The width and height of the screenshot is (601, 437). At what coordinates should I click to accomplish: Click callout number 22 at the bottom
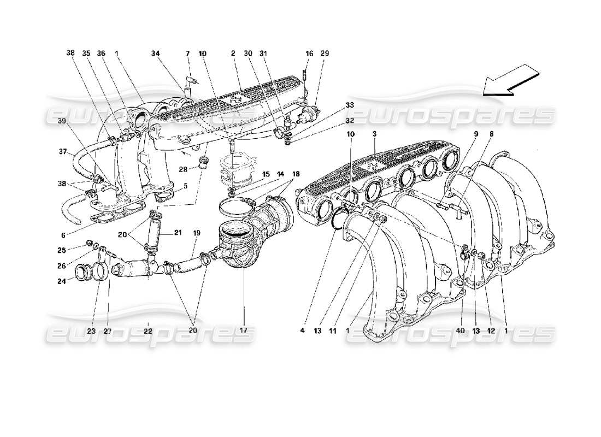148,330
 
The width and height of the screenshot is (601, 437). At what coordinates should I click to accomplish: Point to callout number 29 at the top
325,54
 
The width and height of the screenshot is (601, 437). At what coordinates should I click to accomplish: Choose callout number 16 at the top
309,54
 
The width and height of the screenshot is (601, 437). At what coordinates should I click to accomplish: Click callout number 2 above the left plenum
232,54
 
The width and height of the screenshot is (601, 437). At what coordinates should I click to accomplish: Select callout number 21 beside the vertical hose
178,233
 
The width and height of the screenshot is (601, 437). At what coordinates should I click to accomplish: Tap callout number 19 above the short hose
196,233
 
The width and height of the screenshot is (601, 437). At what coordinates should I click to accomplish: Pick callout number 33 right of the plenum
349,105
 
